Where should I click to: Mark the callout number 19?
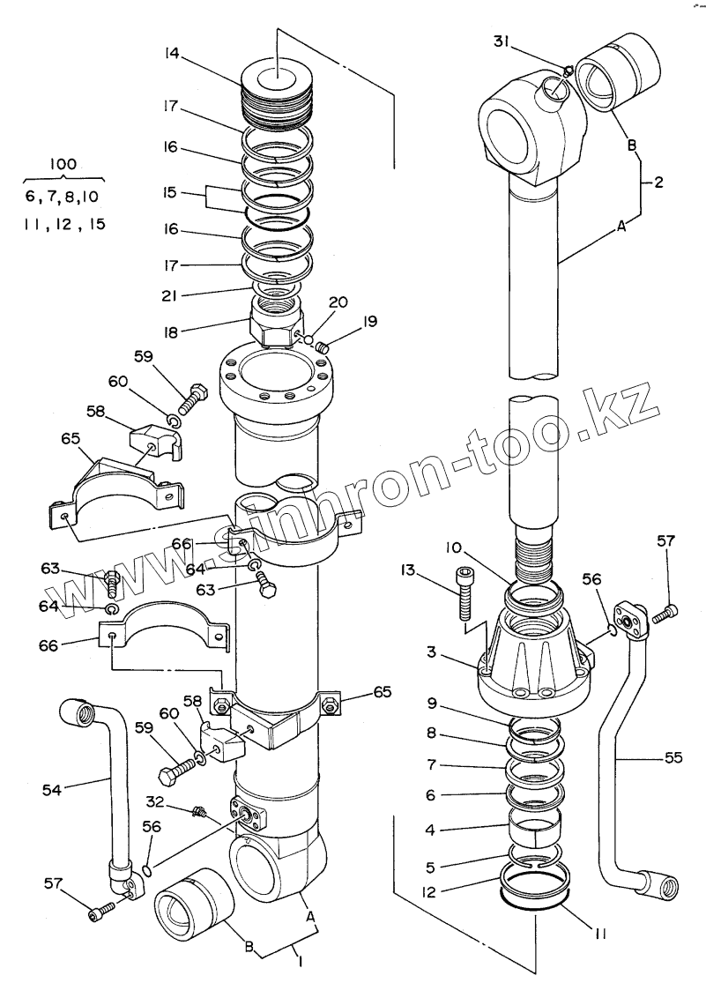[368, 322]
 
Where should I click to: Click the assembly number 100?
[64, 164]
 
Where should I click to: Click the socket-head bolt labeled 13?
[466, 595]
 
